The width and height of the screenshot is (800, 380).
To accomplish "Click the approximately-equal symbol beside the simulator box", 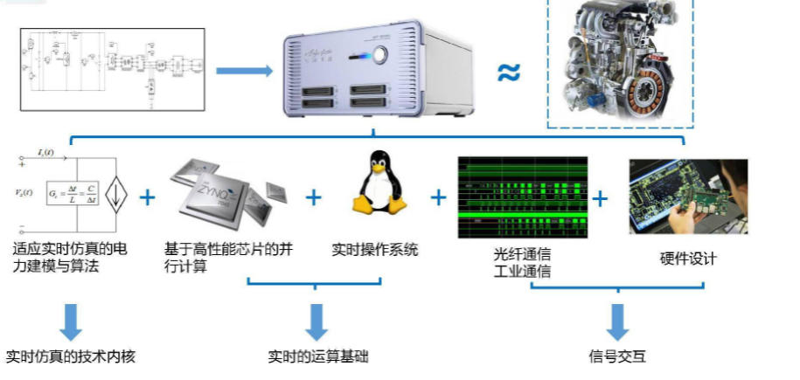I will point(508,73).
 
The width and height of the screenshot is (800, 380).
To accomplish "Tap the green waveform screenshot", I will point(522,198).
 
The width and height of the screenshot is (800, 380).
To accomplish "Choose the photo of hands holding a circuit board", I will point(688,197).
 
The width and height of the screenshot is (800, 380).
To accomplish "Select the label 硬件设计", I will point(687,259).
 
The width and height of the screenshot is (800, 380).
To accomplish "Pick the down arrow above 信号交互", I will point(618,321).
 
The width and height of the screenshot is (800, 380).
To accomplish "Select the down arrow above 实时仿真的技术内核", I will point(71,321).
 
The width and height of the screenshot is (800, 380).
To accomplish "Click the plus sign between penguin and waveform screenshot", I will point(438,197).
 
